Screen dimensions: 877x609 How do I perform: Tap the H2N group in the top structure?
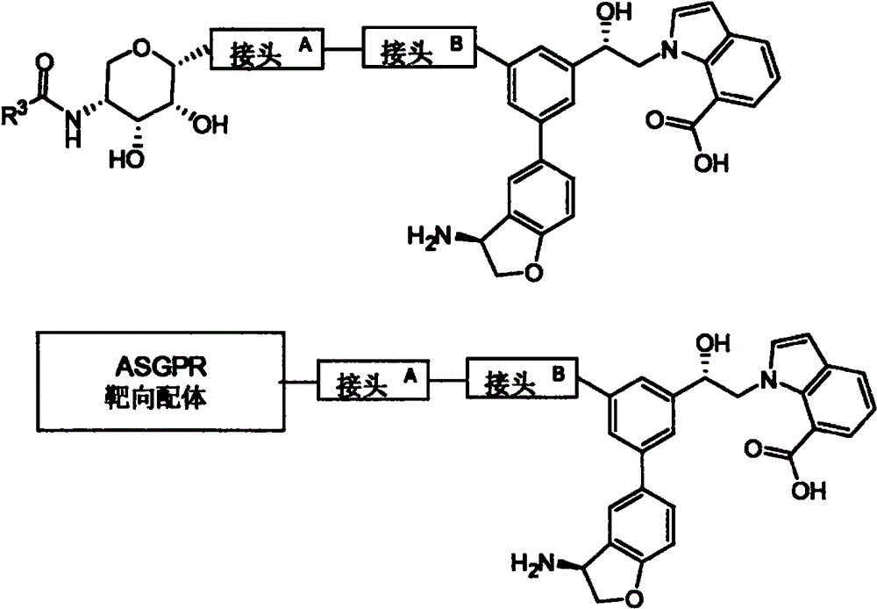coord(429,237)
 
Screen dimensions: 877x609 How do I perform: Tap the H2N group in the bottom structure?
coord(533,562)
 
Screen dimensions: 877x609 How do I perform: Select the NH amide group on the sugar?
coord(73,127)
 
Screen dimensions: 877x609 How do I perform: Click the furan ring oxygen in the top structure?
coord(535,273)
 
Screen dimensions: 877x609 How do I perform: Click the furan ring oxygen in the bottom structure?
coord(632,598)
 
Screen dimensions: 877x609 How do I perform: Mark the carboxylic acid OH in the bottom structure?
coord(809,491)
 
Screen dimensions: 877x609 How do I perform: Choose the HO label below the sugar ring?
coord(127,160)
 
